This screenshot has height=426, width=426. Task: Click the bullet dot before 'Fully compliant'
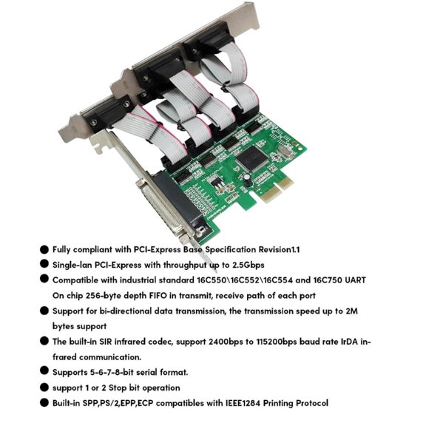pos(44,250)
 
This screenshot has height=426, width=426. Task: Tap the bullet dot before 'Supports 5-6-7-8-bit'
pos(44,371)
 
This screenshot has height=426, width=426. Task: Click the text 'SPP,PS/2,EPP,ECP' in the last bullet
pos(126,403)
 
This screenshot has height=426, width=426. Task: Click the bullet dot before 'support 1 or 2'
pos(44,387)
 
